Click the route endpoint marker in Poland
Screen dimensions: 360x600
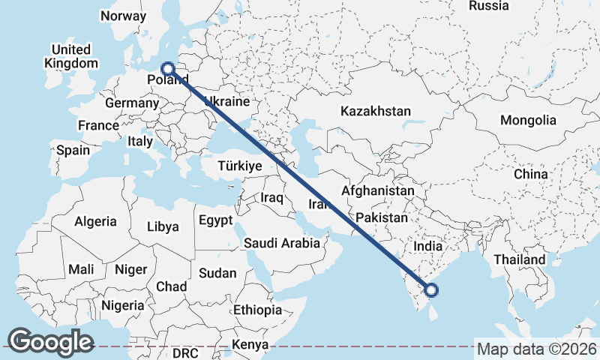click(167, 68)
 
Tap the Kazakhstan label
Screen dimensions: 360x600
click(375, 111)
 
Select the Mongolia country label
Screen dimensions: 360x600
click(529, 120)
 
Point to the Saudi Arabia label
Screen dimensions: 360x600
click(282, 243)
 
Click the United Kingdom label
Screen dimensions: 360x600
click(71, 56)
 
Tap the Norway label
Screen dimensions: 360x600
click(123, 16)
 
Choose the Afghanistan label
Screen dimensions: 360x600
click(378, 191)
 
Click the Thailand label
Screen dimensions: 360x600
click(519, 259)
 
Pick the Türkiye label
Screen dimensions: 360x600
click(239, 166)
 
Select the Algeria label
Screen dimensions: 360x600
click(95, 221)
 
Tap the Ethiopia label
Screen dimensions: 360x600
click(257, 310)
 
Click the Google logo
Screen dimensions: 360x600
click(50, 341)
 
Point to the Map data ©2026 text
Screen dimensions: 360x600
click(537, 349)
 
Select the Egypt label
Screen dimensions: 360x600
click(217, 220)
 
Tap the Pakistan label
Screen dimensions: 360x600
click(382, 218)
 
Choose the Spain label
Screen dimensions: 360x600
click(73, 150)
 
